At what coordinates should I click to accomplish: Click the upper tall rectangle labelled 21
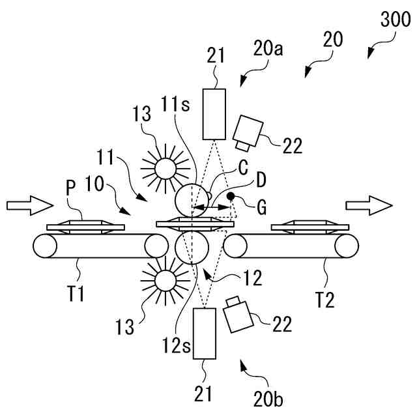point(214,113)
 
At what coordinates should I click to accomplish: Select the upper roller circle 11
point(191,199)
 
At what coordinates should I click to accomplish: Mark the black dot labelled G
point(231,196)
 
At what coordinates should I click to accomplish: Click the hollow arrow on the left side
point(29,205)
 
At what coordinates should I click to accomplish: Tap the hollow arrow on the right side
point(369,205)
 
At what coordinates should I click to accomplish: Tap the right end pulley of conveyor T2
point(346,246)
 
